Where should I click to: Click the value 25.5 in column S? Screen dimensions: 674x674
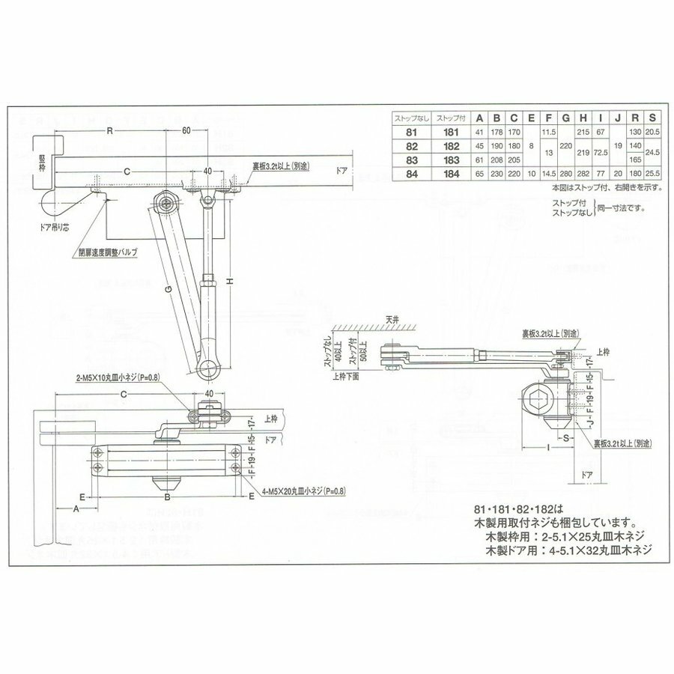click(x=652, y=174)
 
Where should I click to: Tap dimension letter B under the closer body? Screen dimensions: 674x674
click(x=168, y=497)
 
